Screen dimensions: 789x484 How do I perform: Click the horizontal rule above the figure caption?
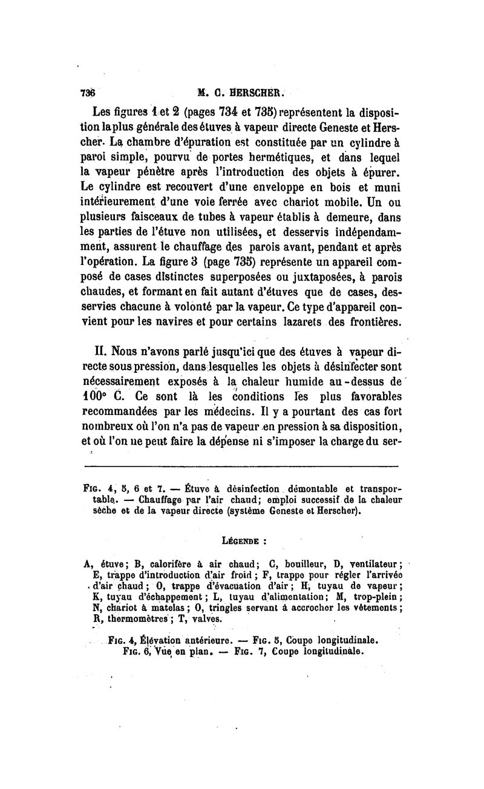pos(241,466)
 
